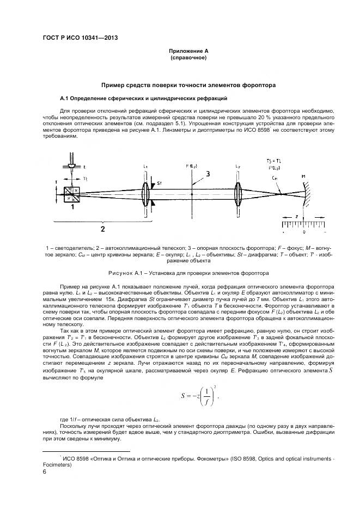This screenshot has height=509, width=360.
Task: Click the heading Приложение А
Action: coord(188,51)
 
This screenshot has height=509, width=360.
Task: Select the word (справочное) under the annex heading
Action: coord(188,57)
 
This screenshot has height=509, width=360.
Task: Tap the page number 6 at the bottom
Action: coord(45,473)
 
